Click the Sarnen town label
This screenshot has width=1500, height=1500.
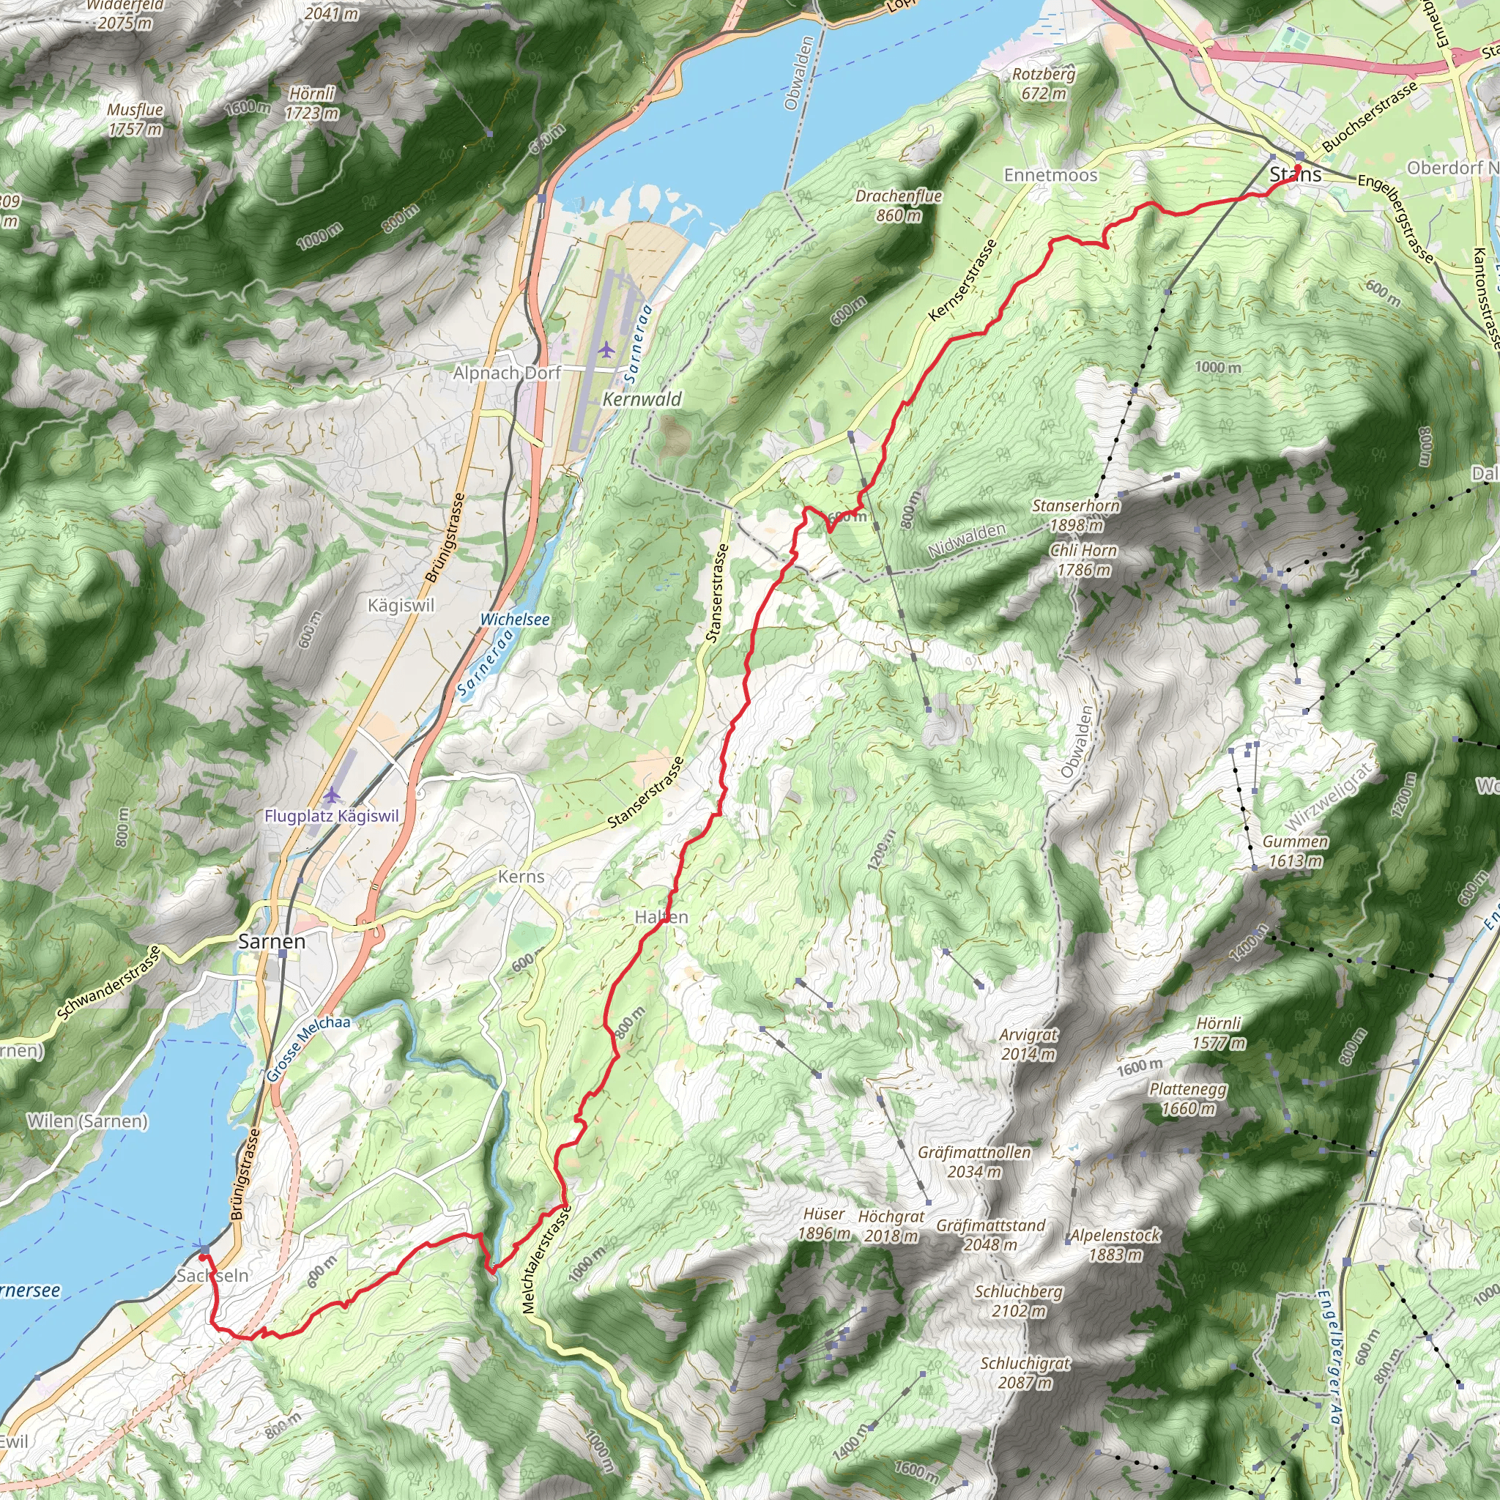click(272, 941)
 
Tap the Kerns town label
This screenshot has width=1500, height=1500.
click(521, 877)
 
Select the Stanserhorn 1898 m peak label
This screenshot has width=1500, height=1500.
click(1075, 516)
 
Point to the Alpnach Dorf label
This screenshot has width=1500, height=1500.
click(507, 374)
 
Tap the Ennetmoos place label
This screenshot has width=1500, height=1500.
click(1050, 176)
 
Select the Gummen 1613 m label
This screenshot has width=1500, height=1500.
click(1295, 851)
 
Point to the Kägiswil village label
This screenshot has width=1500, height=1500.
click(401, 605)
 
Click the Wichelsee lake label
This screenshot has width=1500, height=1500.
click(515, 620)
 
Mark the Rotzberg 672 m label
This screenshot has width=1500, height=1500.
click(1044, 83)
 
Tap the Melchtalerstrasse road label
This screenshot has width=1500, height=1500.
click(546, 1259)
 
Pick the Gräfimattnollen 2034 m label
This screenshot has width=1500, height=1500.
click(974, 1162)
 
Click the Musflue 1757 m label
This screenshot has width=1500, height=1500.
click(135, 119)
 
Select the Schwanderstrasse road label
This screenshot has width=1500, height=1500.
click(108, 983)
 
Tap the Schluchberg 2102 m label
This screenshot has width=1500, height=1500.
click(1019, 1302)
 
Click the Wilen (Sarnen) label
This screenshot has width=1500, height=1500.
click(87, 1121)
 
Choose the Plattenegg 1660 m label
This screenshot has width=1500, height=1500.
click(1188, 1099)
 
